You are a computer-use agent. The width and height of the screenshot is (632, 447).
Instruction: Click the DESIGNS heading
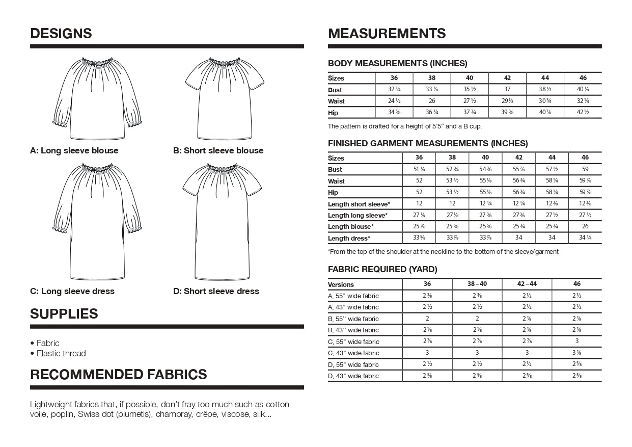[x=61, y=34]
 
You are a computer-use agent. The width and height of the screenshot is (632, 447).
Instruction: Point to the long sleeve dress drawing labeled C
[x=97, y=222]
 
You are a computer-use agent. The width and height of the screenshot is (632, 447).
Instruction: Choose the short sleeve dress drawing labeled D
[x=222, y=222]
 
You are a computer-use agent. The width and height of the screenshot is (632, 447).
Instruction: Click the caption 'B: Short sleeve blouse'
[x=218, y=151]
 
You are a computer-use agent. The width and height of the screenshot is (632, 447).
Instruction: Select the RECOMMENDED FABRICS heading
[x=119, y=375]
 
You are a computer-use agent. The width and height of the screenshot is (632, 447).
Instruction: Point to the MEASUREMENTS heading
[x=387, y=34]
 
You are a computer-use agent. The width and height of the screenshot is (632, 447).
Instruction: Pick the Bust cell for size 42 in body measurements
[x=507, y=90]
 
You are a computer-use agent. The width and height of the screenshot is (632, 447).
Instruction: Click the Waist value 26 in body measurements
[x=432, y=101]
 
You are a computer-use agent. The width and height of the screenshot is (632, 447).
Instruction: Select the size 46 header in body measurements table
[x=583, y=78]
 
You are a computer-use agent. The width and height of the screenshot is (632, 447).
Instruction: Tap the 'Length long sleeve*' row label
[x=358, y=216]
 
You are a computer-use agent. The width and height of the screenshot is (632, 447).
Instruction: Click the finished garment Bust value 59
[x=585, y=169]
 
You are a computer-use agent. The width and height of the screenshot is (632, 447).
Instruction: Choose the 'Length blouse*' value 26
[x=585, y=227]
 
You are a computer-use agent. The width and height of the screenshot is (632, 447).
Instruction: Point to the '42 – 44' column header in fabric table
[x=527, y=284]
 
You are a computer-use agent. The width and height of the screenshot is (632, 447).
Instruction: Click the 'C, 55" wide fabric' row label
[x=353, y=341]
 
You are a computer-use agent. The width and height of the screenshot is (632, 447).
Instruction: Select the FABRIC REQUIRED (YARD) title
[x=382, y=270]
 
